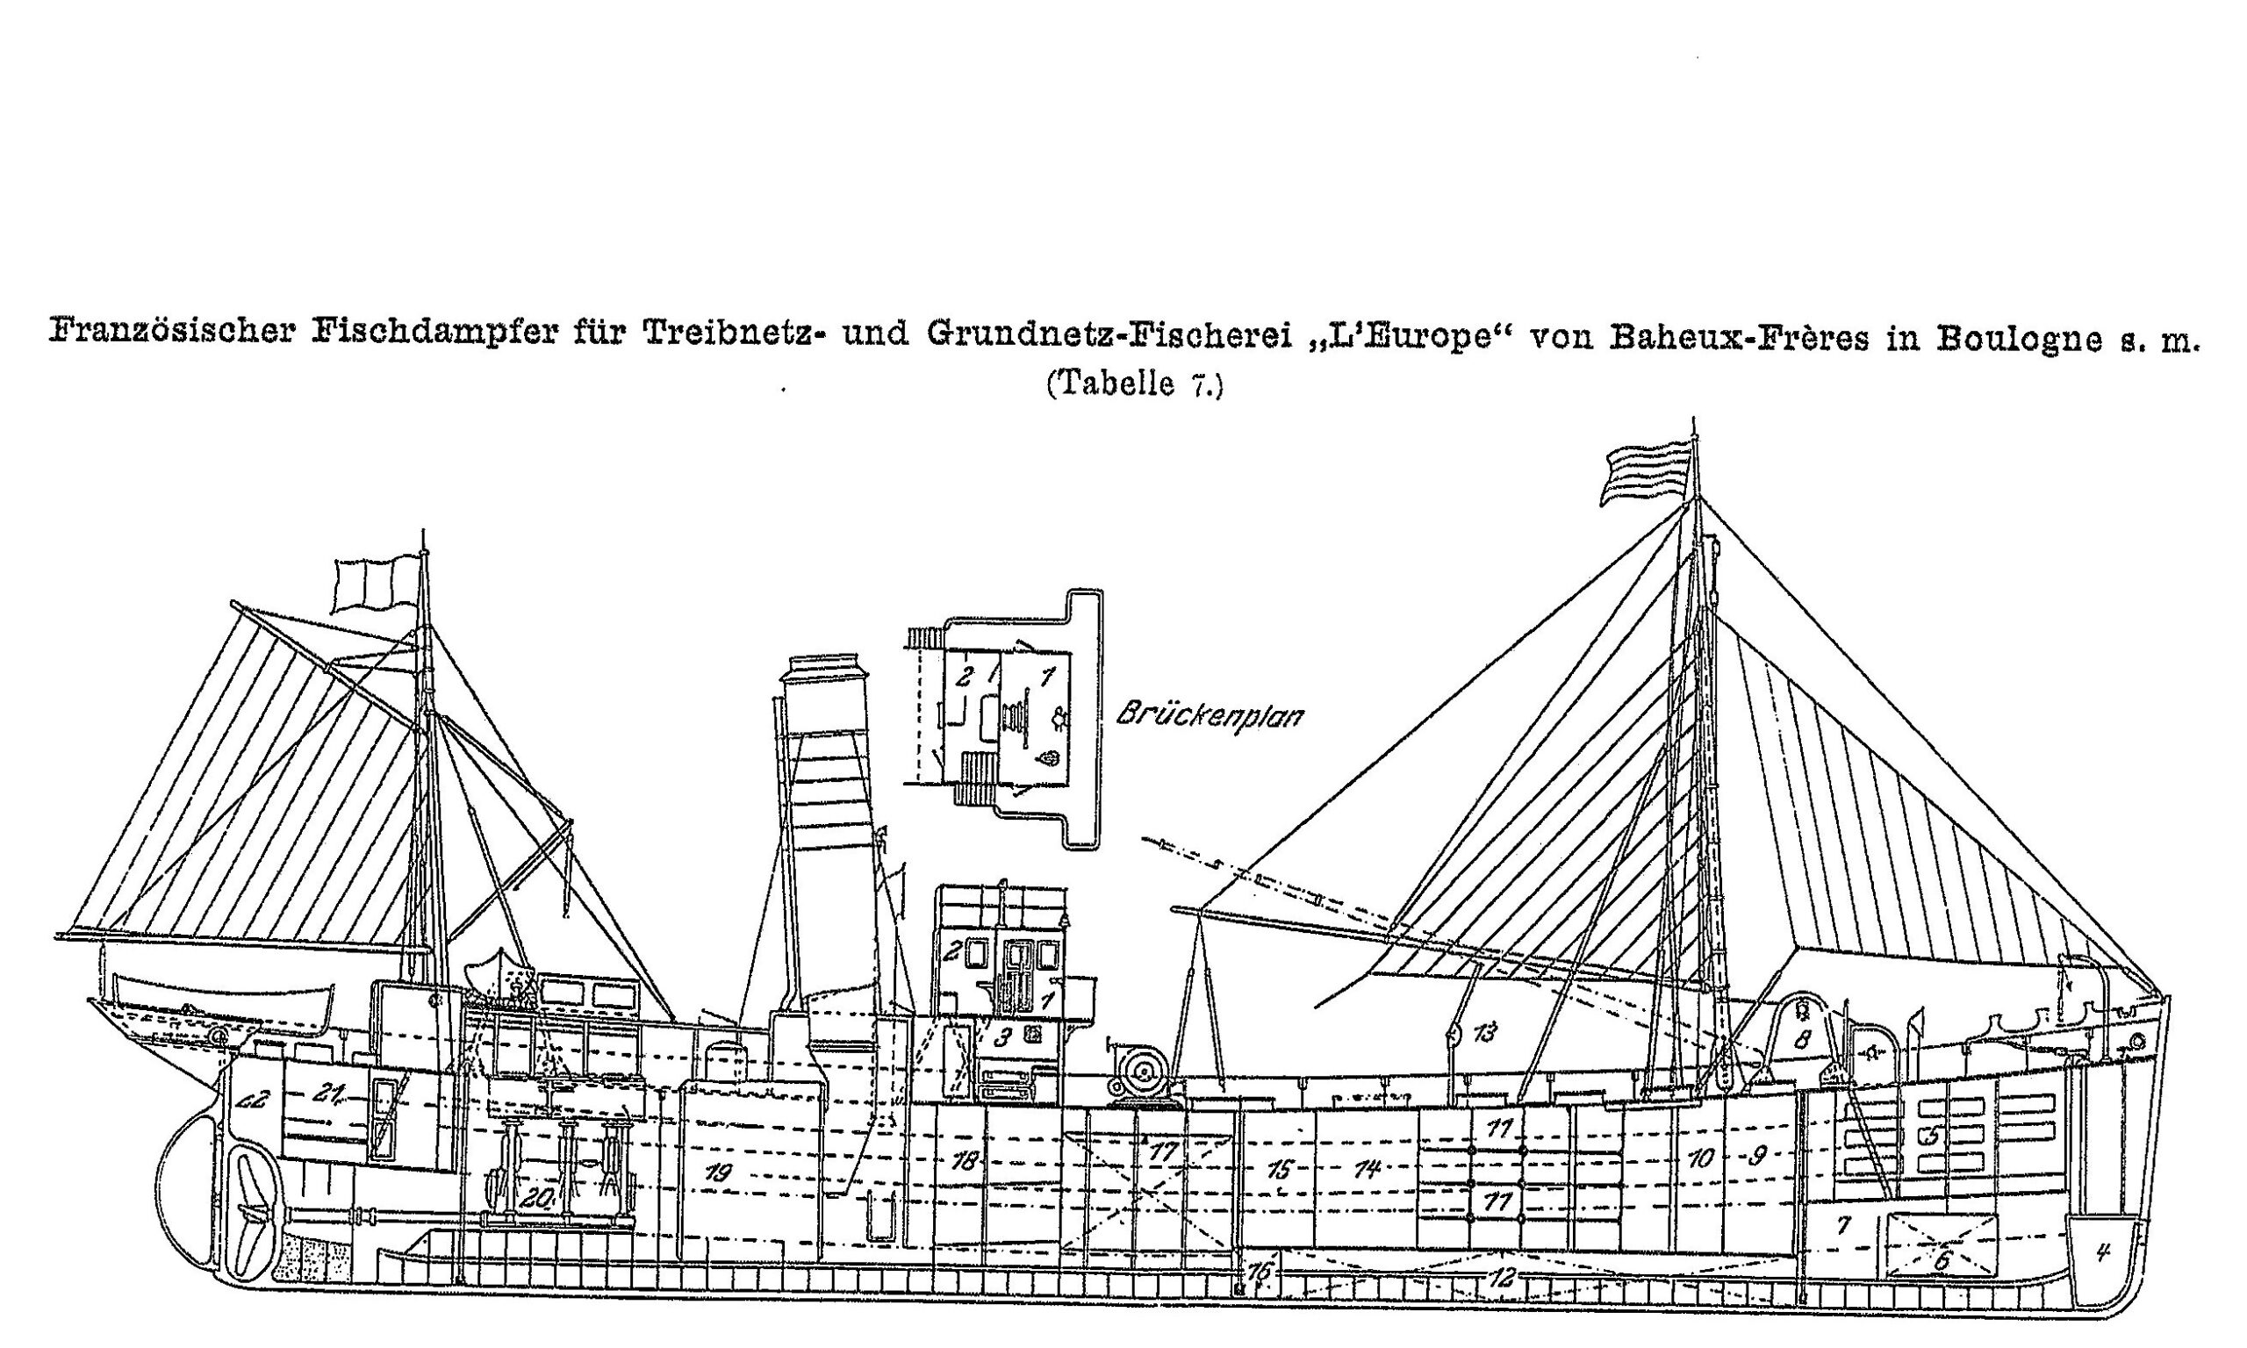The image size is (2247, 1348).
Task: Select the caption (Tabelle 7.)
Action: click(x=1134, y=384)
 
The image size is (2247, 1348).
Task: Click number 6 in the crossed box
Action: click(x=1942, y=1261)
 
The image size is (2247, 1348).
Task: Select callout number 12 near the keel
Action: click(x=1502, y=1278)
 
